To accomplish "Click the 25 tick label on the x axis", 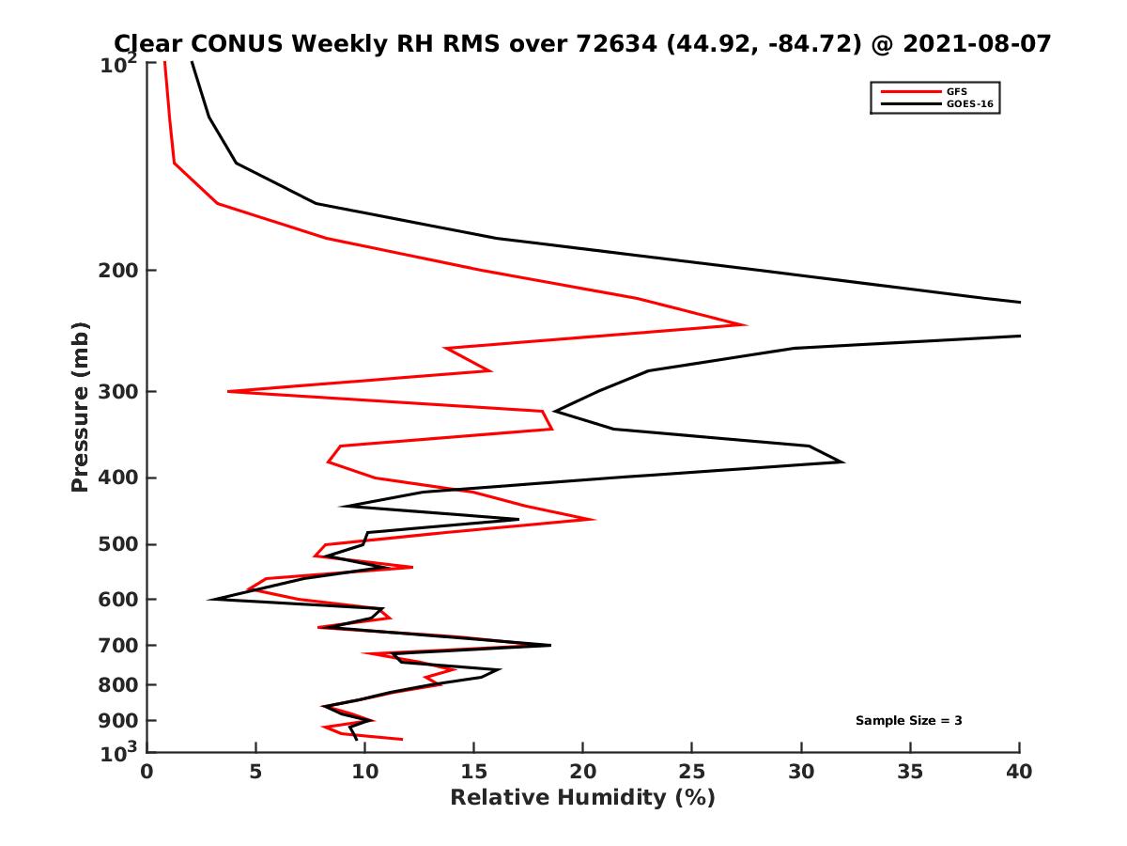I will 692,772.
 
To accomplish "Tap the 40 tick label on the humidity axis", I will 1019,772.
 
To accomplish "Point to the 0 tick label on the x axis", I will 147,772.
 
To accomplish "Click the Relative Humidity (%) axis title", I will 582,798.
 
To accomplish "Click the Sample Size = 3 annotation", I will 908,721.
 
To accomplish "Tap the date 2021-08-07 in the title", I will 971,43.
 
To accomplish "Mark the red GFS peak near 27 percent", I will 745,324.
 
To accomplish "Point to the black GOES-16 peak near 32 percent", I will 842,462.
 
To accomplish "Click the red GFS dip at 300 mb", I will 228,391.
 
